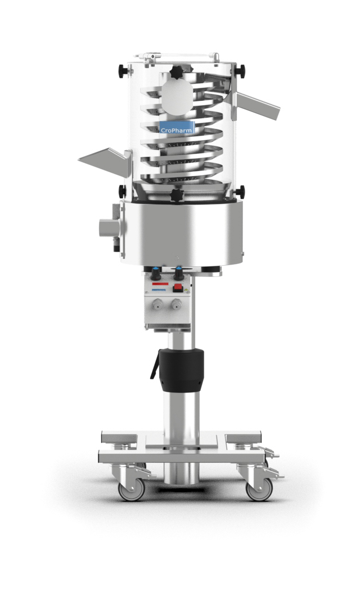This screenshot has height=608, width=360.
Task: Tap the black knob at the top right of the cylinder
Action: tap(241, 70)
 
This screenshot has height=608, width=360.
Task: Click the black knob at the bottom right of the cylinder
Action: tap(240, 191)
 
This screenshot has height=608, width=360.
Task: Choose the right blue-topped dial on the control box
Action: tap(179, 273)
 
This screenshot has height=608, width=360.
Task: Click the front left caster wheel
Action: tap(131, 489)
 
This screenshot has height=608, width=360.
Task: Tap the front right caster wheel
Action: tap(259, 489)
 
